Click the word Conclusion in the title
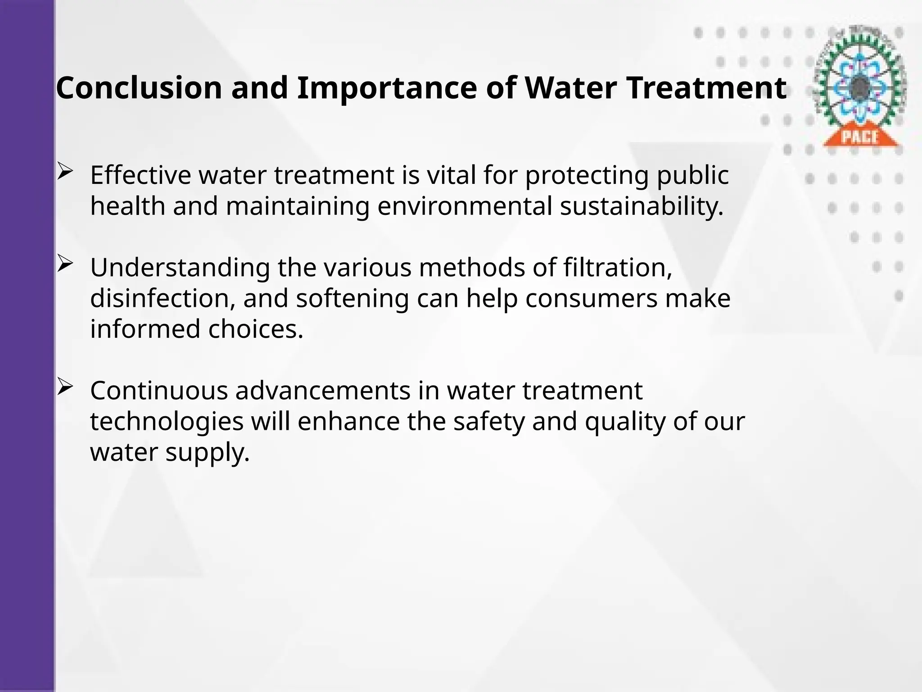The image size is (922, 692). coord(139,88)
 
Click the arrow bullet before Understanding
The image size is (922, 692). coord(65,264)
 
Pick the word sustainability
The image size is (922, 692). coord(642,206)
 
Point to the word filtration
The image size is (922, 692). coord(617,268)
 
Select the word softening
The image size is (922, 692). coord(353,299)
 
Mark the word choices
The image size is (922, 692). coord(256,329)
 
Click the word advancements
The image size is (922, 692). coord(323,391)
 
